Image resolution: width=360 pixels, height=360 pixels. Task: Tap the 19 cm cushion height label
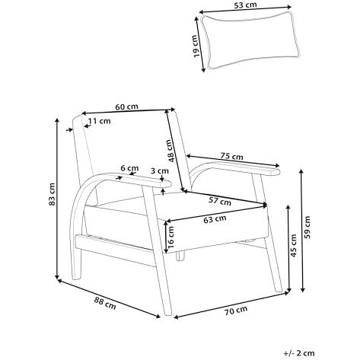tap(195, 46)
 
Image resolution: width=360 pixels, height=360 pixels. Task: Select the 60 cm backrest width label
tap(126, 107)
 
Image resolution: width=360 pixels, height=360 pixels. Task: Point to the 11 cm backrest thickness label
tap(100, 121)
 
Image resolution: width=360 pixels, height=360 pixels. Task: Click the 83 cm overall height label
tap(52, 194)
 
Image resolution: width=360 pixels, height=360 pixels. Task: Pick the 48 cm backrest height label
tap(171, 151)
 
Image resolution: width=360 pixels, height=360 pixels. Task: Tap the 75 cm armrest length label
tap(231, 156)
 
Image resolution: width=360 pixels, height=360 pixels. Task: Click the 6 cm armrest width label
tap(129, 168)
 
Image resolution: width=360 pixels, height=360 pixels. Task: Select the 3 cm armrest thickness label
tap(160, 170)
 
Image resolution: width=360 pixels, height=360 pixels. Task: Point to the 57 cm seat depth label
tap(220, 201)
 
